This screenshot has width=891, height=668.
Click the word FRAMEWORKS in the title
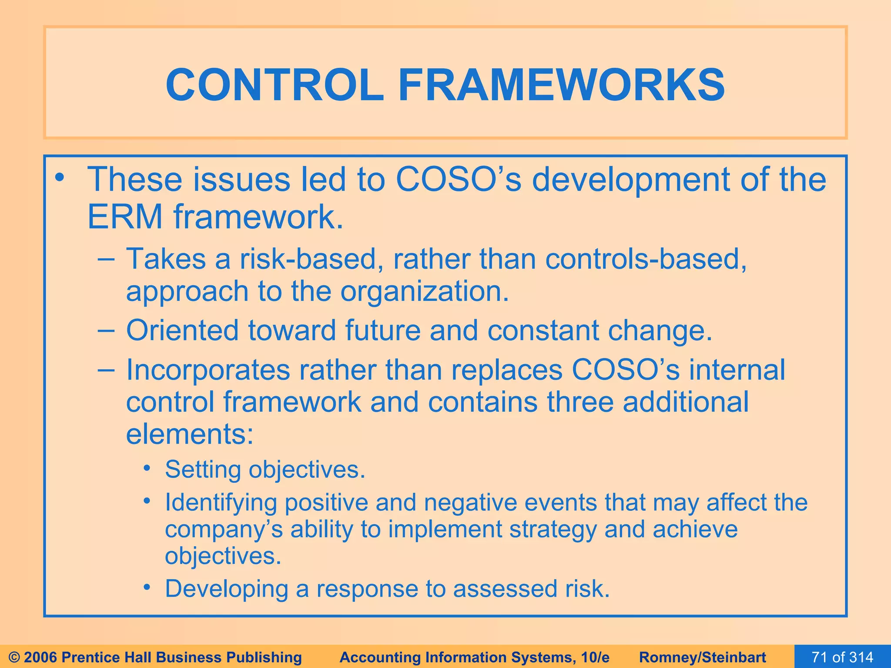pos(561,85)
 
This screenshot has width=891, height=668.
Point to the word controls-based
pos(646,259)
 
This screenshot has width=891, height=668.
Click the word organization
pos(424,291)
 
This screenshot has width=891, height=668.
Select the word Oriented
pos(182,330)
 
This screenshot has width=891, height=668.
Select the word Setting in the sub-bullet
pos(202,470)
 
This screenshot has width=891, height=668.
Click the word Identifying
pos(221,502)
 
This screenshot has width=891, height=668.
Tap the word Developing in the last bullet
pos(226,589)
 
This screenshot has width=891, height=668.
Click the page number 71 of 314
pos(842,657)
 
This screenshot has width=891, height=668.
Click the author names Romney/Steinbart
pos(703,657)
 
